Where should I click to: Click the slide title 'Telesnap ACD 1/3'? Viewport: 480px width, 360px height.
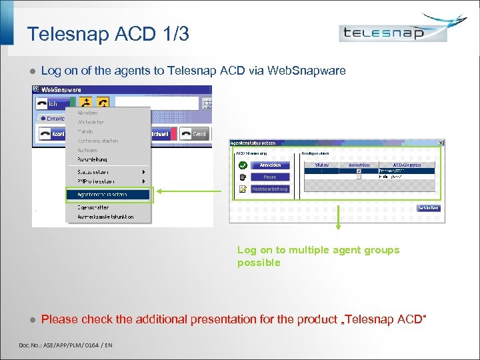tap(108, 34)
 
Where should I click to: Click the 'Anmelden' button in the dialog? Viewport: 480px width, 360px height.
tap(270, 165)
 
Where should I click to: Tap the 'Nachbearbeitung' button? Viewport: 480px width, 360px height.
tap(270, 189)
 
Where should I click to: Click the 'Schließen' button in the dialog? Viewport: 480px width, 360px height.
tap(428, 208)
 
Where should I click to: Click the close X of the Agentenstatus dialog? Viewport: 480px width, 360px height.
tap(441, 143)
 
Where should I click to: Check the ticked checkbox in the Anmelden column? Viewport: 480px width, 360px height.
tap(359, 171)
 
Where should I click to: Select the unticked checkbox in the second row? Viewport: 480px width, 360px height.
tap(359, 177)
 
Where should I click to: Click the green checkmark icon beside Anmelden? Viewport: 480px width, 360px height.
tap(242, 165)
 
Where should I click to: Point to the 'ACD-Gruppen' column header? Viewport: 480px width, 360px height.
tap(406, 164)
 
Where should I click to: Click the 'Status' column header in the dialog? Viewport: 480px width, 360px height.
tap(322, 164)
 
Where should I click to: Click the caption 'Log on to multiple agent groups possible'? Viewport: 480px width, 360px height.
tap(318, 256)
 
